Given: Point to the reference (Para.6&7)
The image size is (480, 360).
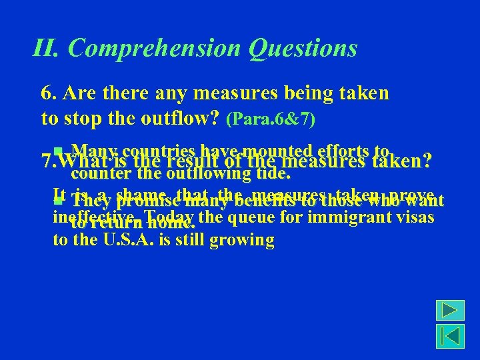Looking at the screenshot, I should pyautogui.click(x=271, y=120).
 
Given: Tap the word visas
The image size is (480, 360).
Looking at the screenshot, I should pyautogui.click(x=414, y=218).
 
